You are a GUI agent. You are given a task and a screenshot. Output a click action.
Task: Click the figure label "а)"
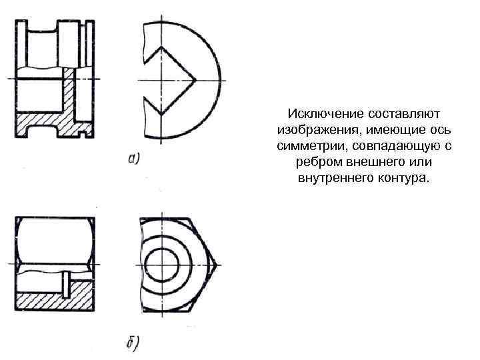point(133,158)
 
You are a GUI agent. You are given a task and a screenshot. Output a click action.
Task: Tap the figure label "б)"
point(132,345)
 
